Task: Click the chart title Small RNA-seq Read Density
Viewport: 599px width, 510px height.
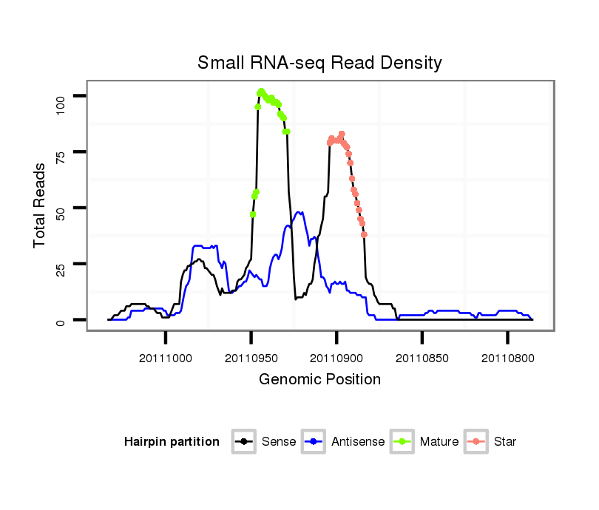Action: (x=319, y=63)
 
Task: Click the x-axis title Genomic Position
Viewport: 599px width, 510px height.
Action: (x=319, y=380)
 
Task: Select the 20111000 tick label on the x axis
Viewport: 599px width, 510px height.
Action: (x=166, y=357)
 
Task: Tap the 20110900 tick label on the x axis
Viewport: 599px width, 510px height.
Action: (x=336, y=357)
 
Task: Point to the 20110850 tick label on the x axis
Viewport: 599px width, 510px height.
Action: (x=422, y=357)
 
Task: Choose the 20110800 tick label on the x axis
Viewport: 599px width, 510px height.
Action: (x=507, y=357)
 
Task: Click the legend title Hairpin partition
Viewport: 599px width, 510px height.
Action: (x=172, y=442)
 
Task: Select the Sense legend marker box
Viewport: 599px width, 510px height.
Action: (x=243, y=442)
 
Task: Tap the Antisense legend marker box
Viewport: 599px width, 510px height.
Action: (x=314, y=442)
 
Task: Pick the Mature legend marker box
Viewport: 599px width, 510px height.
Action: (x=404, y=442)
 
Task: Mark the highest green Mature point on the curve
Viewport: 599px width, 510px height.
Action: (x=262, y=91)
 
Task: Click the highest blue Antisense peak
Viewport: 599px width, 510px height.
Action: (x=299, y=212)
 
